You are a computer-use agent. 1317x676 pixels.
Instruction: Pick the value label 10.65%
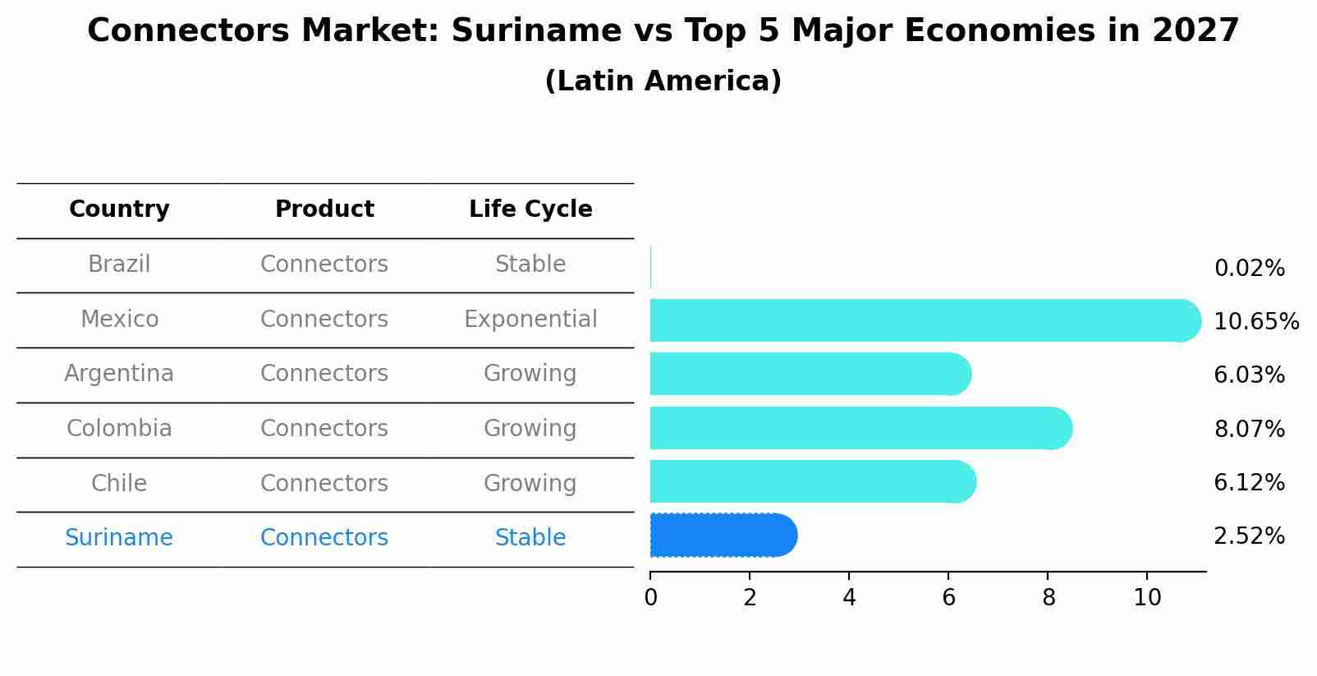[x=1255, y=322]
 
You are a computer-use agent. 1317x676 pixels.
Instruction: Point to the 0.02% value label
[x=1249, y=269]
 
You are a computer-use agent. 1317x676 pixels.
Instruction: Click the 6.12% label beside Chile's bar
[x=1249, y=482]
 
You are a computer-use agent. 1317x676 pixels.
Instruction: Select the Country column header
[x=119, y=209]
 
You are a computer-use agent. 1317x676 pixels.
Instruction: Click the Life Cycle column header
[x=530, y=209]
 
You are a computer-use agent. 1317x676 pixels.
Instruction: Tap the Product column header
[x=324, y=209]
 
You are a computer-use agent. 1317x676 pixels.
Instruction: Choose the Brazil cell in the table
[x=119, y=264]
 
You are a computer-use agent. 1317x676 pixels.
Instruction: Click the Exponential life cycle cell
[x=530, y=319]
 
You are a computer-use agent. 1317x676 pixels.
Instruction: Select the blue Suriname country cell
[x=119, y=538]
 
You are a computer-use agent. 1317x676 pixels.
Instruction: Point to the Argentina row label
[x=119, y=374]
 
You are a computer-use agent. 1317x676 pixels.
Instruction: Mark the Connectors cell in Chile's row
[x=324, y=483]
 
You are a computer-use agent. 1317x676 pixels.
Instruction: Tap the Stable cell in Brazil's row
[x=530, y=264]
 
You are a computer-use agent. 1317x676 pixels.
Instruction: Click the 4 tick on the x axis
[x=849, y=598]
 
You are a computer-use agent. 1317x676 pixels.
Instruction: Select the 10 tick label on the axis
[x=1147, y=598]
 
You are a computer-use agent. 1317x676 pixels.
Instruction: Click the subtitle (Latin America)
[x=663, y=81]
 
